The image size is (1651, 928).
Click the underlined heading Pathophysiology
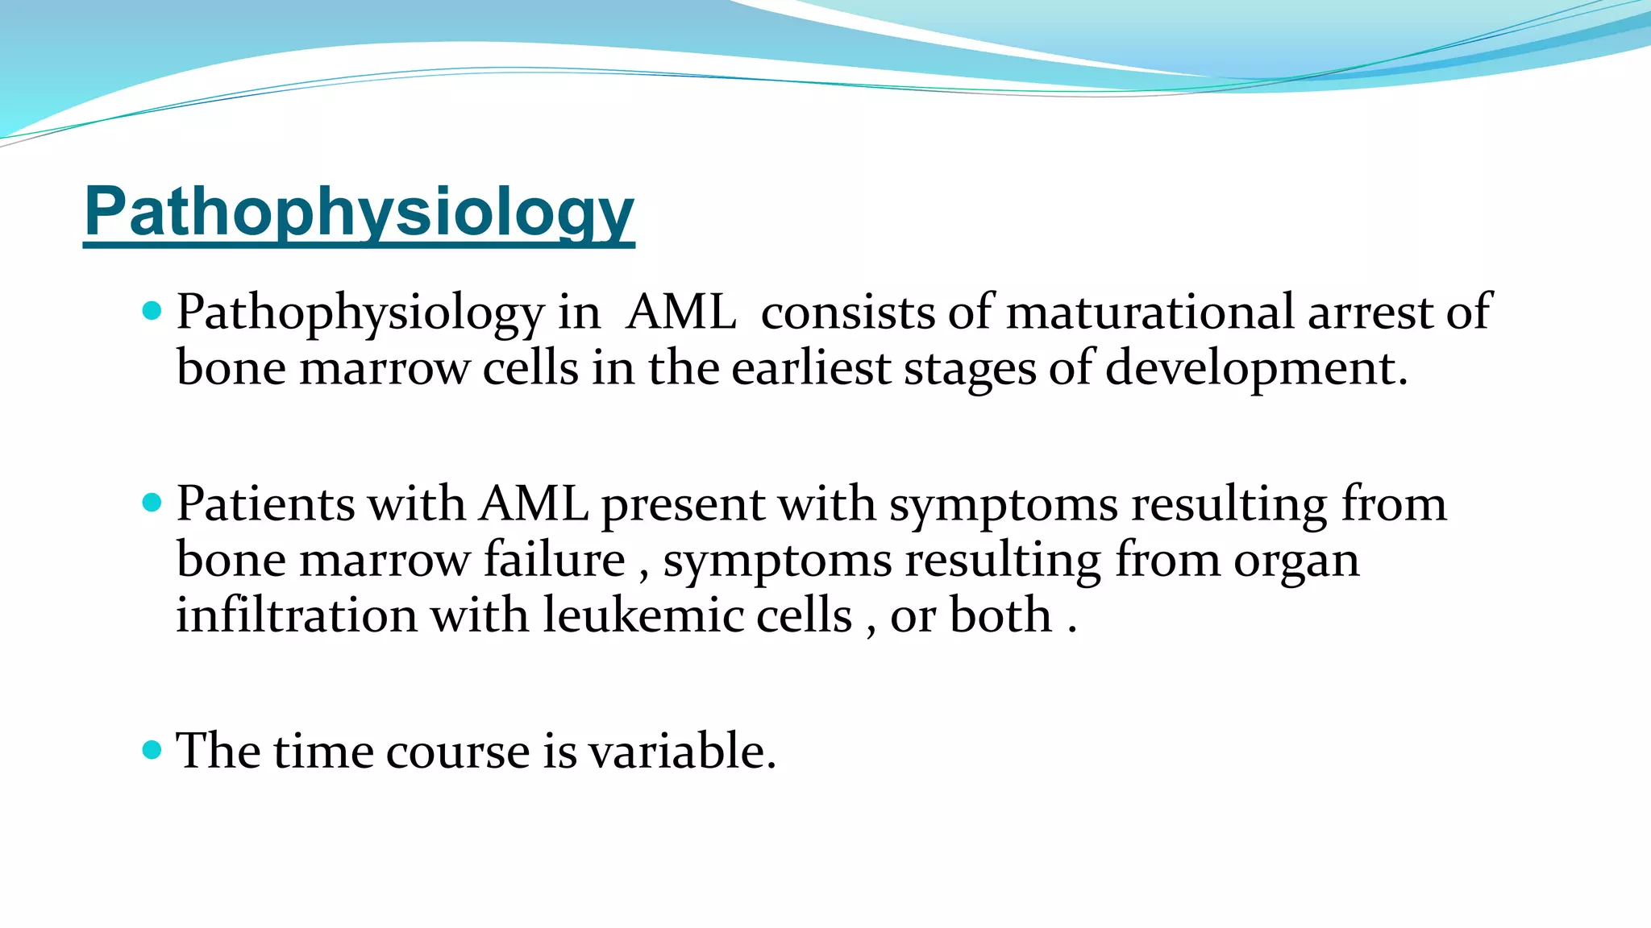[359, 211]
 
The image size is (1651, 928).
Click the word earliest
[810, 368]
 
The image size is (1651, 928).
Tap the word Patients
[265, 504]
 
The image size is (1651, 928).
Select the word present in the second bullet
[682, 506]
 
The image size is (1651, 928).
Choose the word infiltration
[296, 615]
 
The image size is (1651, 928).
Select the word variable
[681, 751]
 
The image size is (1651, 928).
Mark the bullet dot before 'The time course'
[152, 751]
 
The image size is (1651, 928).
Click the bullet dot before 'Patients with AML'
[152, 503]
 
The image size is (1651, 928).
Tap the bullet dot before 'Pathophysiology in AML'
[152, 311]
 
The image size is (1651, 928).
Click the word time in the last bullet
[322, 751]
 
